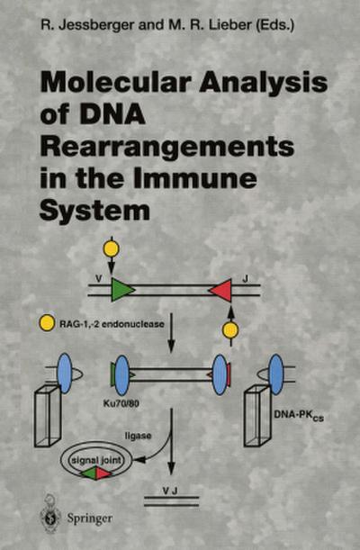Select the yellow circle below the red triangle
point(230,330)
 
